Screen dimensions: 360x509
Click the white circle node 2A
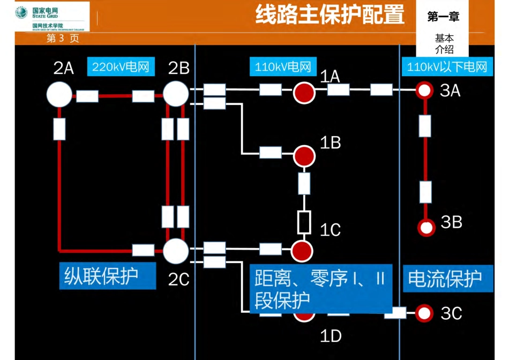[x=59, y=94]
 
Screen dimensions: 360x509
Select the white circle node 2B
[x=176, y=94]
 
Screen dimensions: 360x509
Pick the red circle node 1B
[x=304, y=156]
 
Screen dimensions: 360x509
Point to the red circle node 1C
[x=301, y=250]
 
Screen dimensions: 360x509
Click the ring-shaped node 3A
[x=425, y=90]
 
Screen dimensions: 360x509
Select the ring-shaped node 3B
[x=426, y=227]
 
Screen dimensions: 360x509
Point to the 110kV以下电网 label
[x=447, y=67]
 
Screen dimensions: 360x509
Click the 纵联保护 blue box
[x=108, y=275]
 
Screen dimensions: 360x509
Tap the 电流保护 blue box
[x=448, y=279]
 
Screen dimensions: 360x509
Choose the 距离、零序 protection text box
[x=320, y=289]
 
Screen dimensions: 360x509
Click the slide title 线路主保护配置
[x=330, y=16]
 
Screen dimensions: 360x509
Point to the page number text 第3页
[x=63, y=39]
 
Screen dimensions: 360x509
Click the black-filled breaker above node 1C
[x=304, y=222]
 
